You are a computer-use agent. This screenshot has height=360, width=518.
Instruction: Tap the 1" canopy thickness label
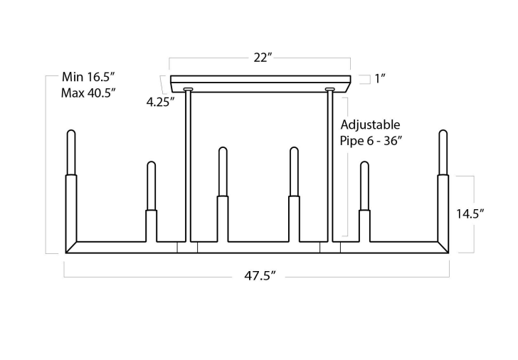(x=380, y=78)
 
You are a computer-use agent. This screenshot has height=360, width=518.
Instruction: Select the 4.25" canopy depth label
(x=160, y=102)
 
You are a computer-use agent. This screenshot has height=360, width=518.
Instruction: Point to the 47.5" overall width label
(x=260, y=275)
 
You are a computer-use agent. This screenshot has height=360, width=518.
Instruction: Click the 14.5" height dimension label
(x=470, y=214)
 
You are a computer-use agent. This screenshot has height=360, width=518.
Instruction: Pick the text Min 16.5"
(x=88, y=77)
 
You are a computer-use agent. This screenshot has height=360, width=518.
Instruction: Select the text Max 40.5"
(x=88, y=92)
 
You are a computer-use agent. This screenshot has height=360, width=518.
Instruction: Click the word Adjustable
(x=370, y=125)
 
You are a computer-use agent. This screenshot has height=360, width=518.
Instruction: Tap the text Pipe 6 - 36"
(x=371, y=141)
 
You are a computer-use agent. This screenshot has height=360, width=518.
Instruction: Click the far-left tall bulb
(x=71, y=152)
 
